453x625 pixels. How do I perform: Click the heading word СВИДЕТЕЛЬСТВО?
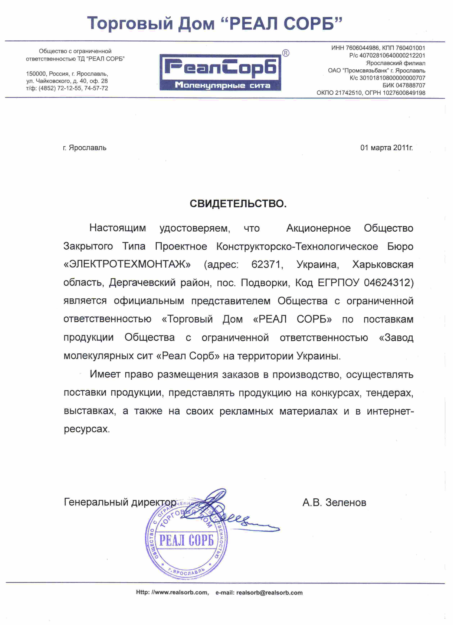pos(238,204)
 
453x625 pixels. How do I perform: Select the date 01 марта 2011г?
pos(386,148)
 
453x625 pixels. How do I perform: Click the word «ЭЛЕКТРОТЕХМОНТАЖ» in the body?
pos(127,264)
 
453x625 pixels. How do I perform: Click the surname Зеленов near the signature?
pos(346,502)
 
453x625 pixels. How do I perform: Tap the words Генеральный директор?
pos(120,502)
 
